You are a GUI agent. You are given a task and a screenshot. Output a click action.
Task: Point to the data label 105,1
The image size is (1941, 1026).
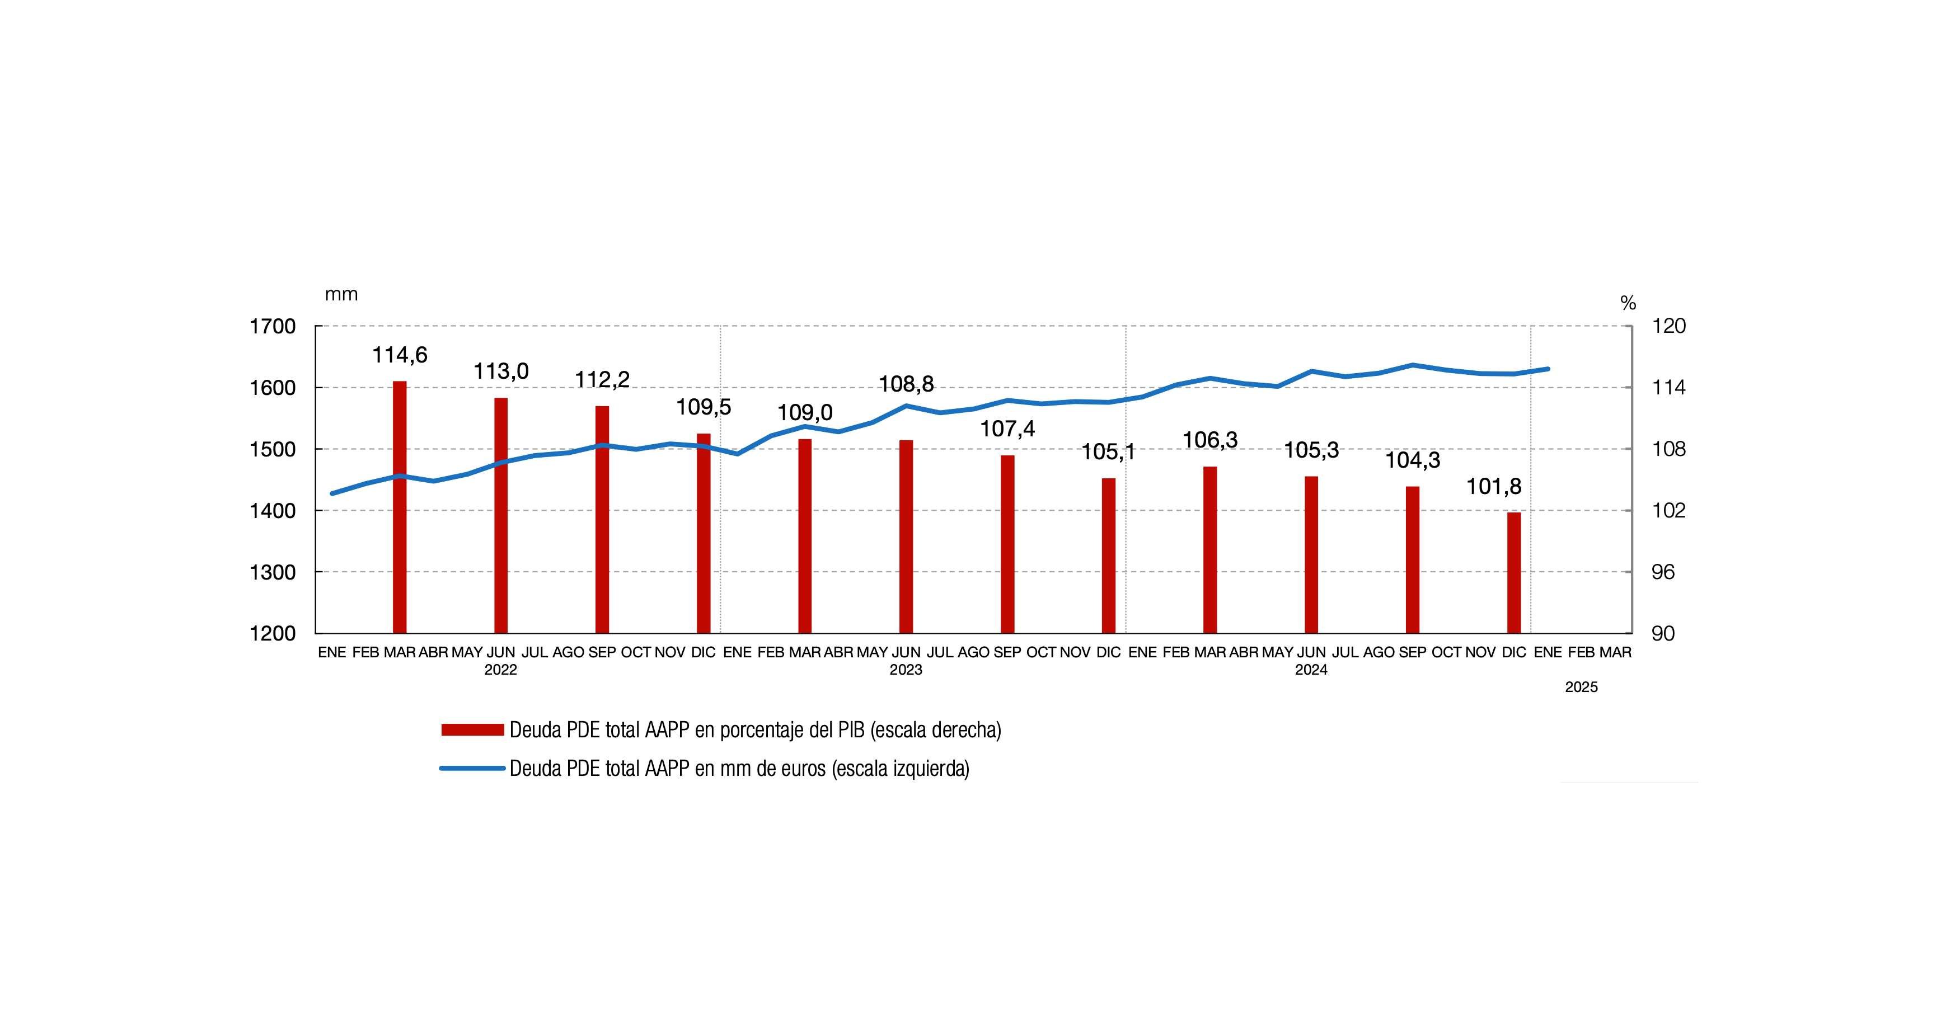[x=1108, y=452]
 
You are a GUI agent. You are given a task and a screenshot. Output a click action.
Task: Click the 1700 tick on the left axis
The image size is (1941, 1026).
[x=272, y=327]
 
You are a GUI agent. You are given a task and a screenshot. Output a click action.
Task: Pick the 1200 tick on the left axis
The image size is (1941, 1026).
[x=272, y=633]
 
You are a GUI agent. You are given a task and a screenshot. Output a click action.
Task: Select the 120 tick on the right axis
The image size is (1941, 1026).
[x=1668, y=327]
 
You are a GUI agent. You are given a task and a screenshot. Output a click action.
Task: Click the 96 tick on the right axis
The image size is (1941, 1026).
[x=1662, y=572]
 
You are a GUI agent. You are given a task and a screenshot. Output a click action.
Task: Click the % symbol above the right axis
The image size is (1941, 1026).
[x=1628, y=304]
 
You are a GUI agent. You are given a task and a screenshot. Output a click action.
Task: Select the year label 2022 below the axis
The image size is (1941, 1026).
[x=500, y=670]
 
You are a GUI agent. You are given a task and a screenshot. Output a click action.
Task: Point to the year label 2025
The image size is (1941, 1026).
[x=1581, y=688]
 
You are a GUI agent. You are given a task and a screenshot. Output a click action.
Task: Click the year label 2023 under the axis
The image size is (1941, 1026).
[x=906, y=670]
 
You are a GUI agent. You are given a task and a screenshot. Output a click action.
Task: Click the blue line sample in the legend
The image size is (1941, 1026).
[x=472, y=768]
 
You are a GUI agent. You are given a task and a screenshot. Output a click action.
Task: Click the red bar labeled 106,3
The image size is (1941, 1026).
[x=1210, y=550]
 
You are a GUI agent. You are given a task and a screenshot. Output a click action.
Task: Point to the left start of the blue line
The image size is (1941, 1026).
[x=332, y=493]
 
